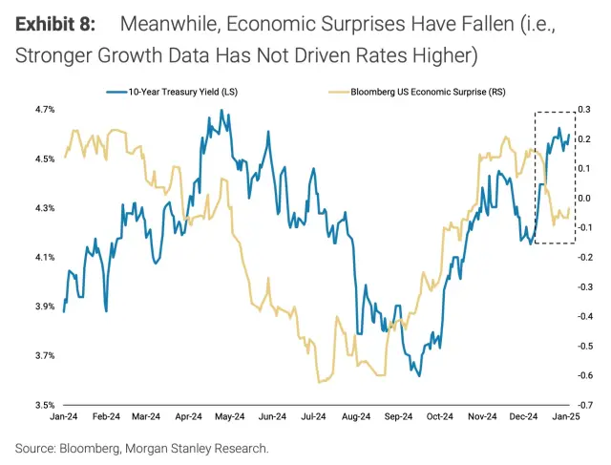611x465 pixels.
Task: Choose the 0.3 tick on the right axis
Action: click(x=584, y=110)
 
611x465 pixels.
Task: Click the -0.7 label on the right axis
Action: click(x=583, y=405)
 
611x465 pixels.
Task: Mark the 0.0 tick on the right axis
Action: click(x=584, y=199)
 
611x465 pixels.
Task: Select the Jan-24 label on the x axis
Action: click(x=63, y=417)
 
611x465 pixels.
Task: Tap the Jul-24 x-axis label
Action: click(x=314, y=417)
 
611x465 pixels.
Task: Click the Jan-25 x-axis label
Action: click(x=569, y=417)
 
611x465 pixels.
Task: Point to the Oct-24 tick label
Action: click(x=440, y=417)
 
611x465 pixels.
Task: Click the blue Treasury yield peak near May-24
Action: click(x=221, y=111)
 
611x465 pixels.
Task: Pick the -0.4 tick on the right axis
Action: click(x=583, y=316)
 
